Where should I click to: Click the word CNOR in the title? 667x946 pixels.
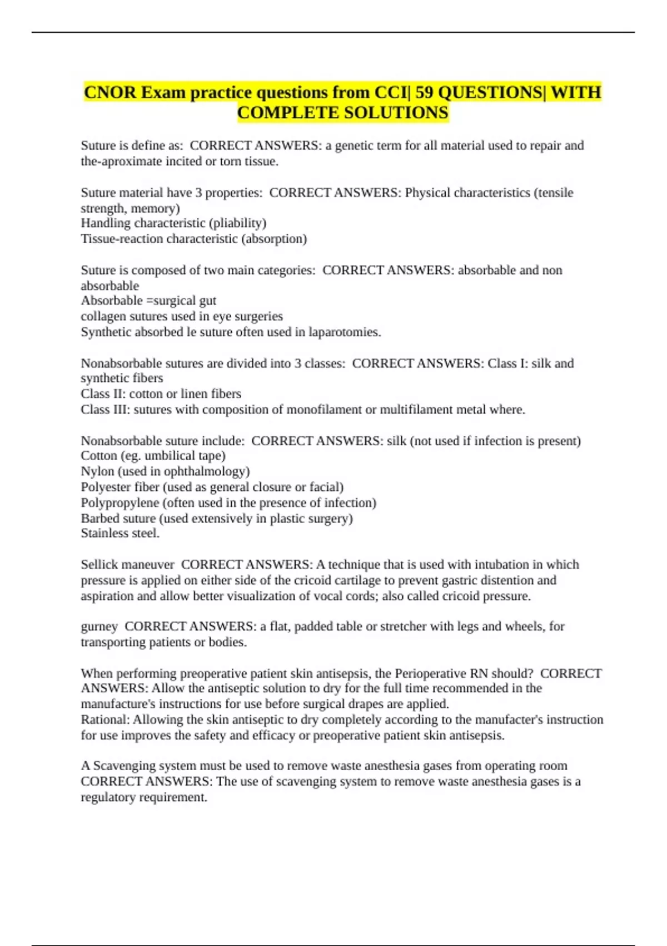click(109, 92)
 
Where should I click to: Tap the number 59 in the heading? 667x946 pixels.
click(424, 92)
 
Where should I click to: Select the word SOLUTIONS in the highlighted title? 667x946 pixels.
click(395, 113)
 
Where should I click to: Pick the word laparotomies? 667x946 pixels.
click(345, 332)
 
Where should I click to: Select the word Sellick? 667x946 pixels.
click(99, 565)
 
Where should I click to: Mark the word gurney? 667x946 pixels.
click(99, 627)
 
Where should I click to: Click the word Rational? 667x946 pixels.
click(105, 720)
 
